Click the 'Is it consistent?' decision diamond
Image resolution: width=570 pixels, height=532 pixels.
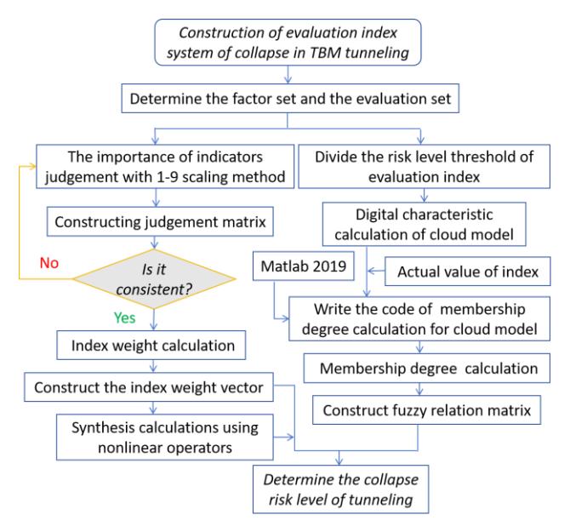tap(155, 279)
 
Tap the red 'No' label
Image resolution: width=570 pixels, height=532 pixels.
tap(49, 263)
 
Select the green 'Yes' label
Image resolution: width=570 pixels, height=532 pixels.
tap(125, 317)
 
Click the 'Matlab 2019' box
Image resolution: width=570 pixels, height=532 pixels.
tap(304, 266)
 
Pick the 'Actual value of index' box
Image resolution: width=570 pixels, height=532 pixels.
tap(468, 272)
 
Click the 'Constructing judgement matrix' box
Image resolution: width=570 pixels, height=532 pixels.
tap(160, 222)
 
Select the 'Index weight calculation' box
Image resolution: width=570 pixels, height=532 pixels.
tap(151, 346)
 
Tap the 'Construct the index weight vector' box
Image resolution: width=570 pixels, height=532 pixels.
tap(149, 387)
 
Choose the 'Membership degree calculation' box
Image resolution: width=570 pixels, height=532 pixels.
tap(427, 369)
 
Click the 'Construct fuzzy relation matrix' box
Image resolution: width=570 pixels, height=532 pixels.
tap(427, 410)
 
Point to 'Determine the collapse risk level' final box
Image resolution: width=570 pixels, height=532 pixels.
tap(340, 489)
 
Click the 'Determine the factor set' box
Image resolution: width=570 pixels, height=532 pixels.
tap(290, 99)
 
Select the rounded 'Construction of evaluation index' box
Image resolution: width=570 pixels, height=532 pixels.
tap(288, 43)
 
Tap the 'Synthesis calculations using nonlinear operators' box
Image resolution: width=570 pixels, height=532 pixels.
tap(165, 438)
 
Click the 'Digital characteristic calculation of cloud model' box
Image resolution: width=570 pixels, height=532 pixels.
tap(425, 225)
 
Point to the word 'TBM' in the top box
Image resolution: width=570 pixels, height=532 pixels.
tap(325, 53)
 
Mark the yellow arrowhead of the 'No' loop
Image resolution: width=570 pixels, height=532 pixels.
tap(32, 167)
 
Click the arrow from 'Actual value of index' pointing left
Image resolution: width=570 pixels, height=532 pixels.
tap(376, 271)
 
